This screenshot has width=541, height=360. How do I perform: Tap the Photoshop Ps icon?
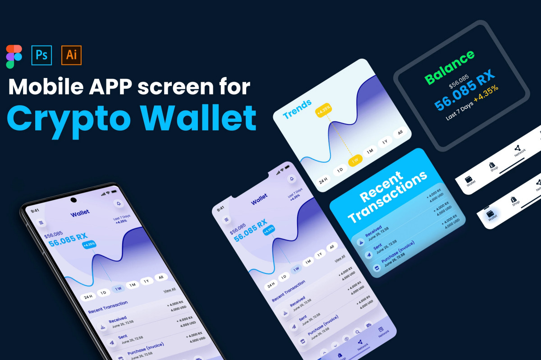pyautogui.click(x=42, y=55)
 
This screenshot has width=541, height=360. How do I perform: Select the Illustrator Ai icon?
pyautogui.click(x=71, y=55)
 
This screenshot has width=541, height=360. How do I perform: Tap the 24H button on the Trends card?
pyautogui.click(x=323, y=181)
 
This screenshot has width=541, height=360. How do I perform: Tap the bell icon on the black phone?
pyautogui.click(x=119, y=203)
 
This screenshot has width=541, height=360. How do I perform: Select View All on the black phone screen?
pyautogui.click(x=170, y=290)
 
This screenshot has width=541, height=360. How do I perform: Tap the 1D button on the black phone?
pyautogui.click(x=103, y=293)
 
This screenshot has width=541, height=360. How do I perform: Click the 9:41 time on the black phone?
pyautogui.click(x=35, y=211)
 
